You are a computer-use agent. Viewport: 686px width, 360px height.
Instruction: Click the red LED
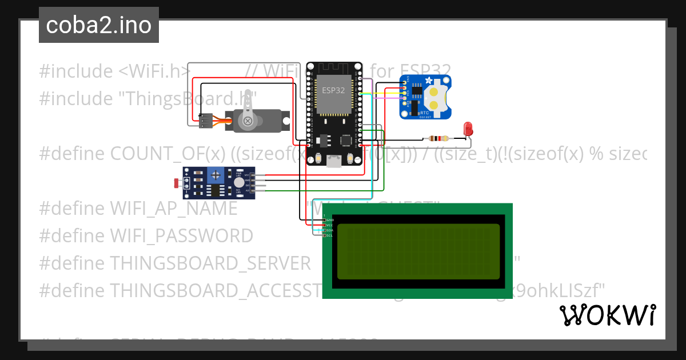(x=468, y=129)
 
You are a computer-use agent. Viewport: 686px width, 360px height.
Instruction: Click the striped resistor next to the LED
(x=438, y=138)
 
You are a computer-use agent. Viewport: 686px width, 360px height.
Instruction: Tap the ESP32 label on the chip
(x=333, y=90)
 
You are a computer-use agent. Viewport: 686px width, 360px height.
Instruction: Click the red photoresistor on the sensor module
(x=177, y=183)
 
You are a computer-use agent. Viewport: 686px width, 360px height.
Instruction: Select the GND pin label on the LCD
(x=330, y=220)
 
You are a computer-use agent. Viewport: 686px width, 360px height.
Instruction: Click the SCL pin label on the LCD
(x=330, y=235)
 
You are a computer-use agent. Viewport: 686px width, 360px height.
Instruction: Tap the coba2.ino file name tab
(x=98, y=25)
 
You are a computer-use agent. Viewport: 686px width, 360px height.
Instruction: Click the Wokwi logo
(x=607, y=315)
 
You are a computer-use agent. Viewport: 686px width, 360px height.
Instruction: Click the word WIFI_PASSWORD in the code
(x=181, y=235)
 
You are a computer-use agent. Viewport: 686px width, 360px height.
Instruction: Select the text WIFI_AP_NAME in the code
(x=173, y=208)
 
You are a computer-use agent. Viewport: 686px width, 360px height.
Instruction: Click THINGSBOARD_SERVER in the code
(x=210, y=263)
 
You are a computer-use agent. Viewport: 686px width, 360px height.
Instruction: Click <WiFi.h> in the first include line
(x=154, y=71)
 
